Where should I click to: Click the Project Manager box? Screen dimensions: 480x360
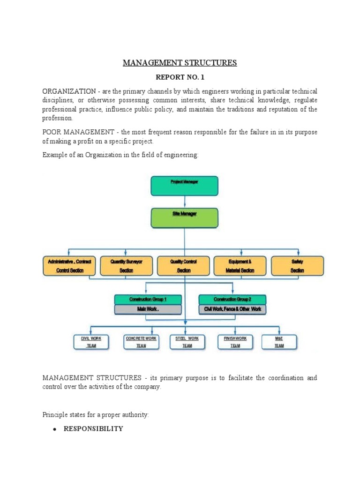click(x=184, y=186)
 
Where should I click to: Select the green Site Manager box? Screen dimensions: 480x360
click(x=184, y=217)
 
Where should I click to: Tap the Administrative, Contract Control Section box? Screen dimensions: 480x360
click(x=69, y=266)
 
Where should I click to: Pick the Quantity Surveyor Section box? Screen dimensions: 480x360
click(x=126, y=266)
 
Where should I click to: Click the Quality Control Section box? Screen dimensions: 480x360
click(x=183, y=266)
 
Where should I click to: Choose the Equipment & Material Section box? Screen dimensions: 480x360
click(x=240, y=266)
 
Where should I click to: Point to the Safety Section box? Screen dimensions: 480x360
click(x=297, y=266)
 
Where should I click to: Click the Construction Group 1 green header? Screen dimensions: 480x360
click(x=148, y=300)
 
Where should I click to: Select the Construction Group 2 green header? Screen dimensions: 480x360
click(x=232, y=300)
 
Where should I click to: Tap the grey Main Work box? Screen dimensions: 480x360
click(x=148, y=309)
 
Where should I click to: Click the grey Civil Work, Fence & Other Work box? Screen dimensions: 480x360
click(x=232, y=309)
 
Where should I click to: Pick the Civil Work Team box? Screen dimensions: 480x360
click(x=91, y=342)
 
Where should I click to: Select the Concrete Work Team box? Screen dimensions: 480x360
click(x=141, y=342)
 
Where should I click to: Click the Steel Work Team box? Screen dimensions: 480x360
click(x=187, y=342)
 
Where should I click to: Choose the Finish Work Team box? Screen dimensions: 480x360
click(x=235, y=342)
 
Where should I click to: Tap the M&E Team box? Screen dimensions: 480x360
click(x=279, y=342)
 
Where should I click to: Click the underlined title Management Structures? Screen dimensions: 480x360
click(x=180, y=63)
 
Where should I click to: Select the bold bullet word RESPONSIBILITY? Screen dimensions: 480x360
click(x=93, y=428)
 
